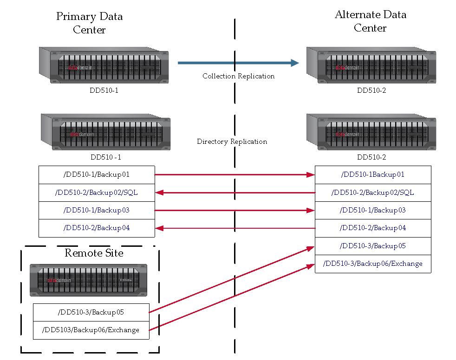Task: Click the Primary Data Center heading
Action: (89, 23)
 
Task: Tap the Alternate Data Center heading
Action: (370, 21)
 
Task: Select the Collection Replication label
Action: (239, 76)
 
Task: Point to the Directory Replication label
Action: (232, 141)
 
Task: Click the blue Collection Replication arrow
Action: (238, 63)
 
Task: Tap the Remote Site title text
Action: (94, 253)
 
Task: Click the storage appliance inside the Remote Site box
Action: (88, 280)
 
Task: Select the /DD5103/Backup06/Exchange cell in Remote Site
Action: (91, 330)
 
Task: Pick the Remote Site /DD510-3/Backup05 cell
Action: (91, 312)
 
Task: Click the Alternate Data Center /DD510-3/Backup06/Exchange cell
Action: (373, 264)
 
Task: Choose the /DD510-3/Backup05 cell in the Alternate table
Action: (373, 246)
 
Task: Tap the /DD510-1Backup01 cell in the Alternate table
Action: (373, 174)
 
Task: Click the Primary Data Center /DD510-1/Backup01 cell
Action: (97, 174)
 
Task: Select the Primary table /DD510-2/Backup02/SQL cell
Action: (97, 193)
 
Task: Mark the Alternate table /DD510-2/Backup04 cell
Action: (373, 228)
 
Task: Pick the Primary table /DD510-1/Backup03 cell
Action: (97, 210)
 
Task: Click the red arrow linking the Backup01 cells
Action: (235, 174)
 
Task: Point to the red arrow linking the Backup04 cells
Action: (235, 228)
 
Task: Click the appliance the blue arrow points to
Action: (371, 65)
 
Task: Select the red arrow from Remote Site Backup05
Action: (232, 280)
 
